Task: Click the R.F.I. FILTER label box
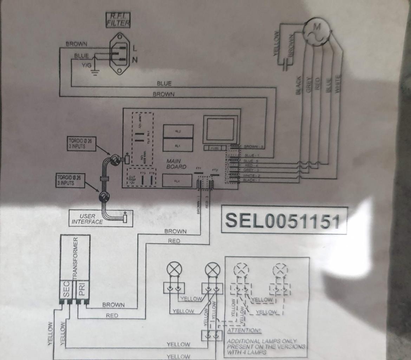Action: tap(118, 20)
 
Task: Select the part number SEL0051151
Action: tap(283, 220)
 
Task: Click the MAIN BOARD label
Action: tap(176, 164)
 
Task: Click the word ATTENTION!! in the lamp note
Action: tap(242, 330)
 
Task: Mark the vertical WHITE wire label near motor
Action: tap(337, 84)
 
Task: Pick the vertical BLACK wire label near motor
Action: tap(299, 85)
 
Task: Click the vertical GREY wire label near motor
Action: tap(309, 84)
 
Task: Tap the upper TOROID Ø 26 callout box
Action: tap(81, 144)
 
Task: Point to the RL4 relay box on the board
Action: tap(177, 181)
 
